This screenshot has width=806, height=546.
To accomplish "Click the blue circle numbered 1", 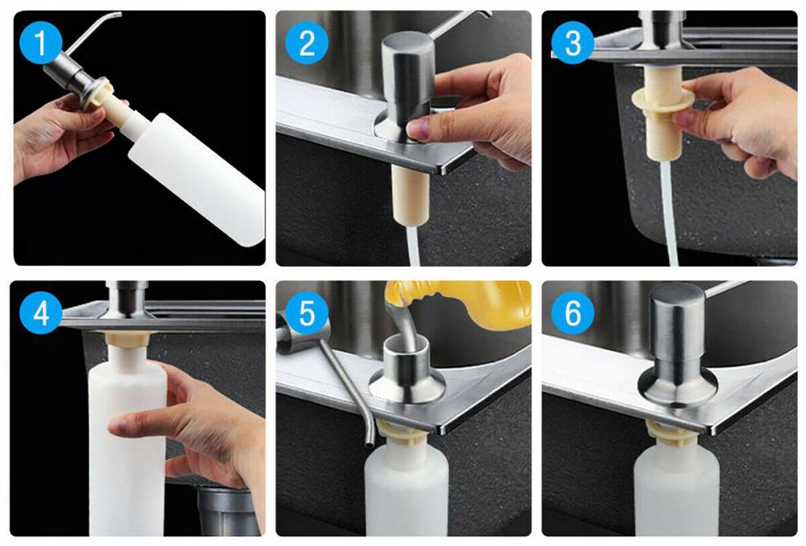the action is (x=40, y=43).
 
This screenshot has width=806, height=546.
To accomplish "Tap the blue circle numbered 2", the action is (x=306, y=43).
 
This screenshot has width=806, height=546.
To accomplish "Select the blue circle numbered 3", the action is (x=572, y=43).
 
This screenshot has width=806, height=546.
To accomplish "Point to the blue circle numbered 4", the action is (x=40, y=312).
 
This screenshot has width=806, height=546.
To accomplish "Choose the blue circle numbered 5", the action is (x=306, y=312).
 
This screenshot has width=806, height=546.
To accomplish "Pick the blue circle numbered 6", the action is (x=572, y=312).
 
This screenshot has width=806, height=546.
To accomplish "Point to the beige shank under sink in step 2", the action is (x=410, y=196).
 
